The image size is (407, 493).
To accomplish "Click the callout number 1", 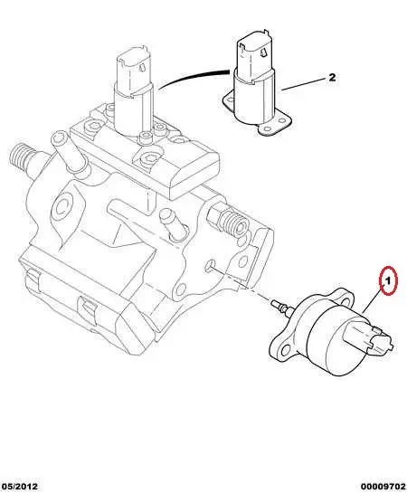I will (x=388, y=283).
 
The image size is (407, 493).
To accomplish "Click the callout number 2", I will (x=331, y=78).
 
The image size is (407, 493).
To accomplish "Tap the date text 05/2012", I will (x=20, y=484).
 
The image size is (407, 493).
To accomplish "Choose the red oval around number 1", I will (x=388, y=284).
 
